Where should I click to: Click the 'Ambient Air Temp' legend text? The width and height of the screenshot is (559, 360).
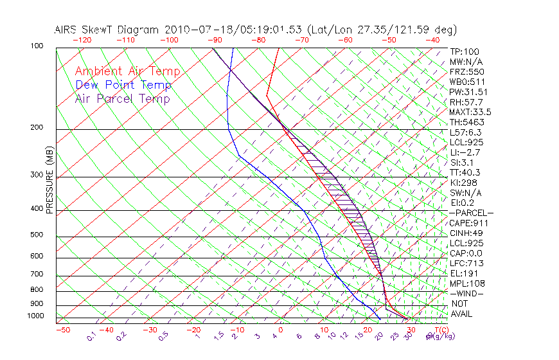[x=127, y=71]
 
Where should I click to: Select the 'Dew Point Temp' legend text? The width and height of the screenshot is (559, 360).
[x=123, y=85]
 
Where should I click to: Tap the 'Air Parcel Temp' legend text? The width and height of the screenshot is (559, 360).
[x=122, y=98]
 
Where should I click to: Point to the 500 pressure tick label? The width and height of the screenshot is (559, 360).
[x=37, y=235]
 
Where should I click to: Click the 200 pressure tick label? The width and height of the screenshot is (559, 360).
[x=37, y=128]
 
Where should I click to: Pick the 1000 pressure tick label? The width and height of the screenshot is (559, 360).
[x=35, y=316]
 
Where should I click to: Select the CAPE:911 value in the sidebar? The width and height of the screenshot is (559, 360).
[x=470, y=223]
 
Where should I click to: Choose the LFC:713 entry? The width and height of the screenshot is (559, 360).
[x=466, y=263]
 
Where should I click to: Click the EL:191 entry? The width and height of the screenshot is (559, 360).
[x=465, y=273]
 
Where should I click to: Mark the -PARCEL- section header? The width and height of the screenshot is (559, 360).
[x=471, y=213]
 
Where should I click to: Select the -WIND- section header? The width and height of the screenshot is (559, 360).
[x=467, y=293]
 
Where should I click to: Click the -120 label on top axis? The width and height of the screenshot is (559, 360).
[x=81, y=40]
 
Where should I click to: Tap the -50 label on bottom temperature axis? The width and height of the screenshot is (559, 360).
[x=62, y=330]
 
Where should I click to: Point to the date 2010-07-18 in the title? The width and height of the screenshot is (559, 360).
[x=193, y=30]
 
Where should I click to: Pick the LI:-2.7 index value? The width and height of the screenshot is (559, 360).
[x=465, y=152]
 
